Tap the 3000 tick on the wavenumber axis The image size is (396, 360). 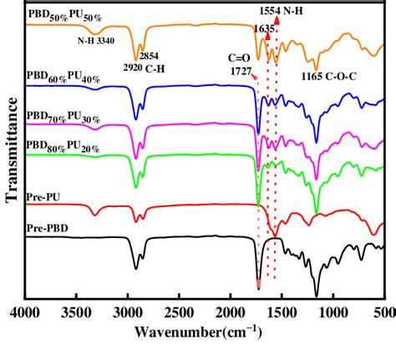click(x=128, y=312)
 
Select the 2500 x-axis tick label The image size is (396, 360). click(x=179, y=312)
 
